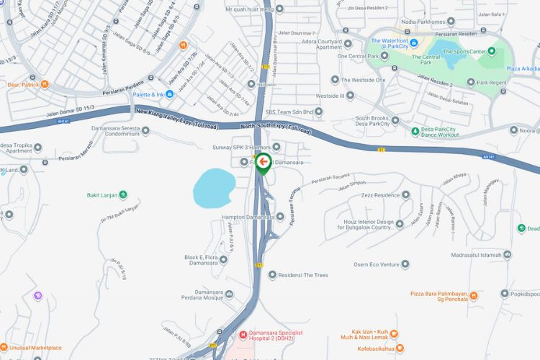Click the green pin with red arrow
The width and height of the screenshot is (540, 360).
tap(264, 163)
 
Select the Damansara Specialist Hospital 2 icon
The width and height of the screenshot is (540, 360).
tap(243, 335)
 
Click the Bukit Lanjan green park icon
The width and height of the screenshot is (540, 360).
tap(123, 194)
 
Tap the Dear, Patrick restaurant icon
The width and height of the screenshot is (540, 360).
tap(45, 84)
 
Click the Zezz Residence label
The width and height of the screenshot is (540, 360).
tap(377, 195)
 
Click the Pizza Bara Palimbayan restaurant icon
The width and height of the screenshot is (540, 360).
tap(503, 294)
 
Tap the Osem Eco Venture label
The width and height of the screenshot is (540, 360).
tap(376, 264)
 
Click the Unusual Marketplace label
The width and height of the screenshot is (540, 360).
tap(36, 348)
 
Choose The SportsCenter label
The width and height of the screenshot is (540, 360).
tap(468, 51)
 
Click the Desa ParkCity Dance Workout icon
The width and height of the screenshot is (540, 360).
tap(414, 131)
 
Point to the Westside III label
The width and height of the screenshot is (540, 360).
tap(330, 96)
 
